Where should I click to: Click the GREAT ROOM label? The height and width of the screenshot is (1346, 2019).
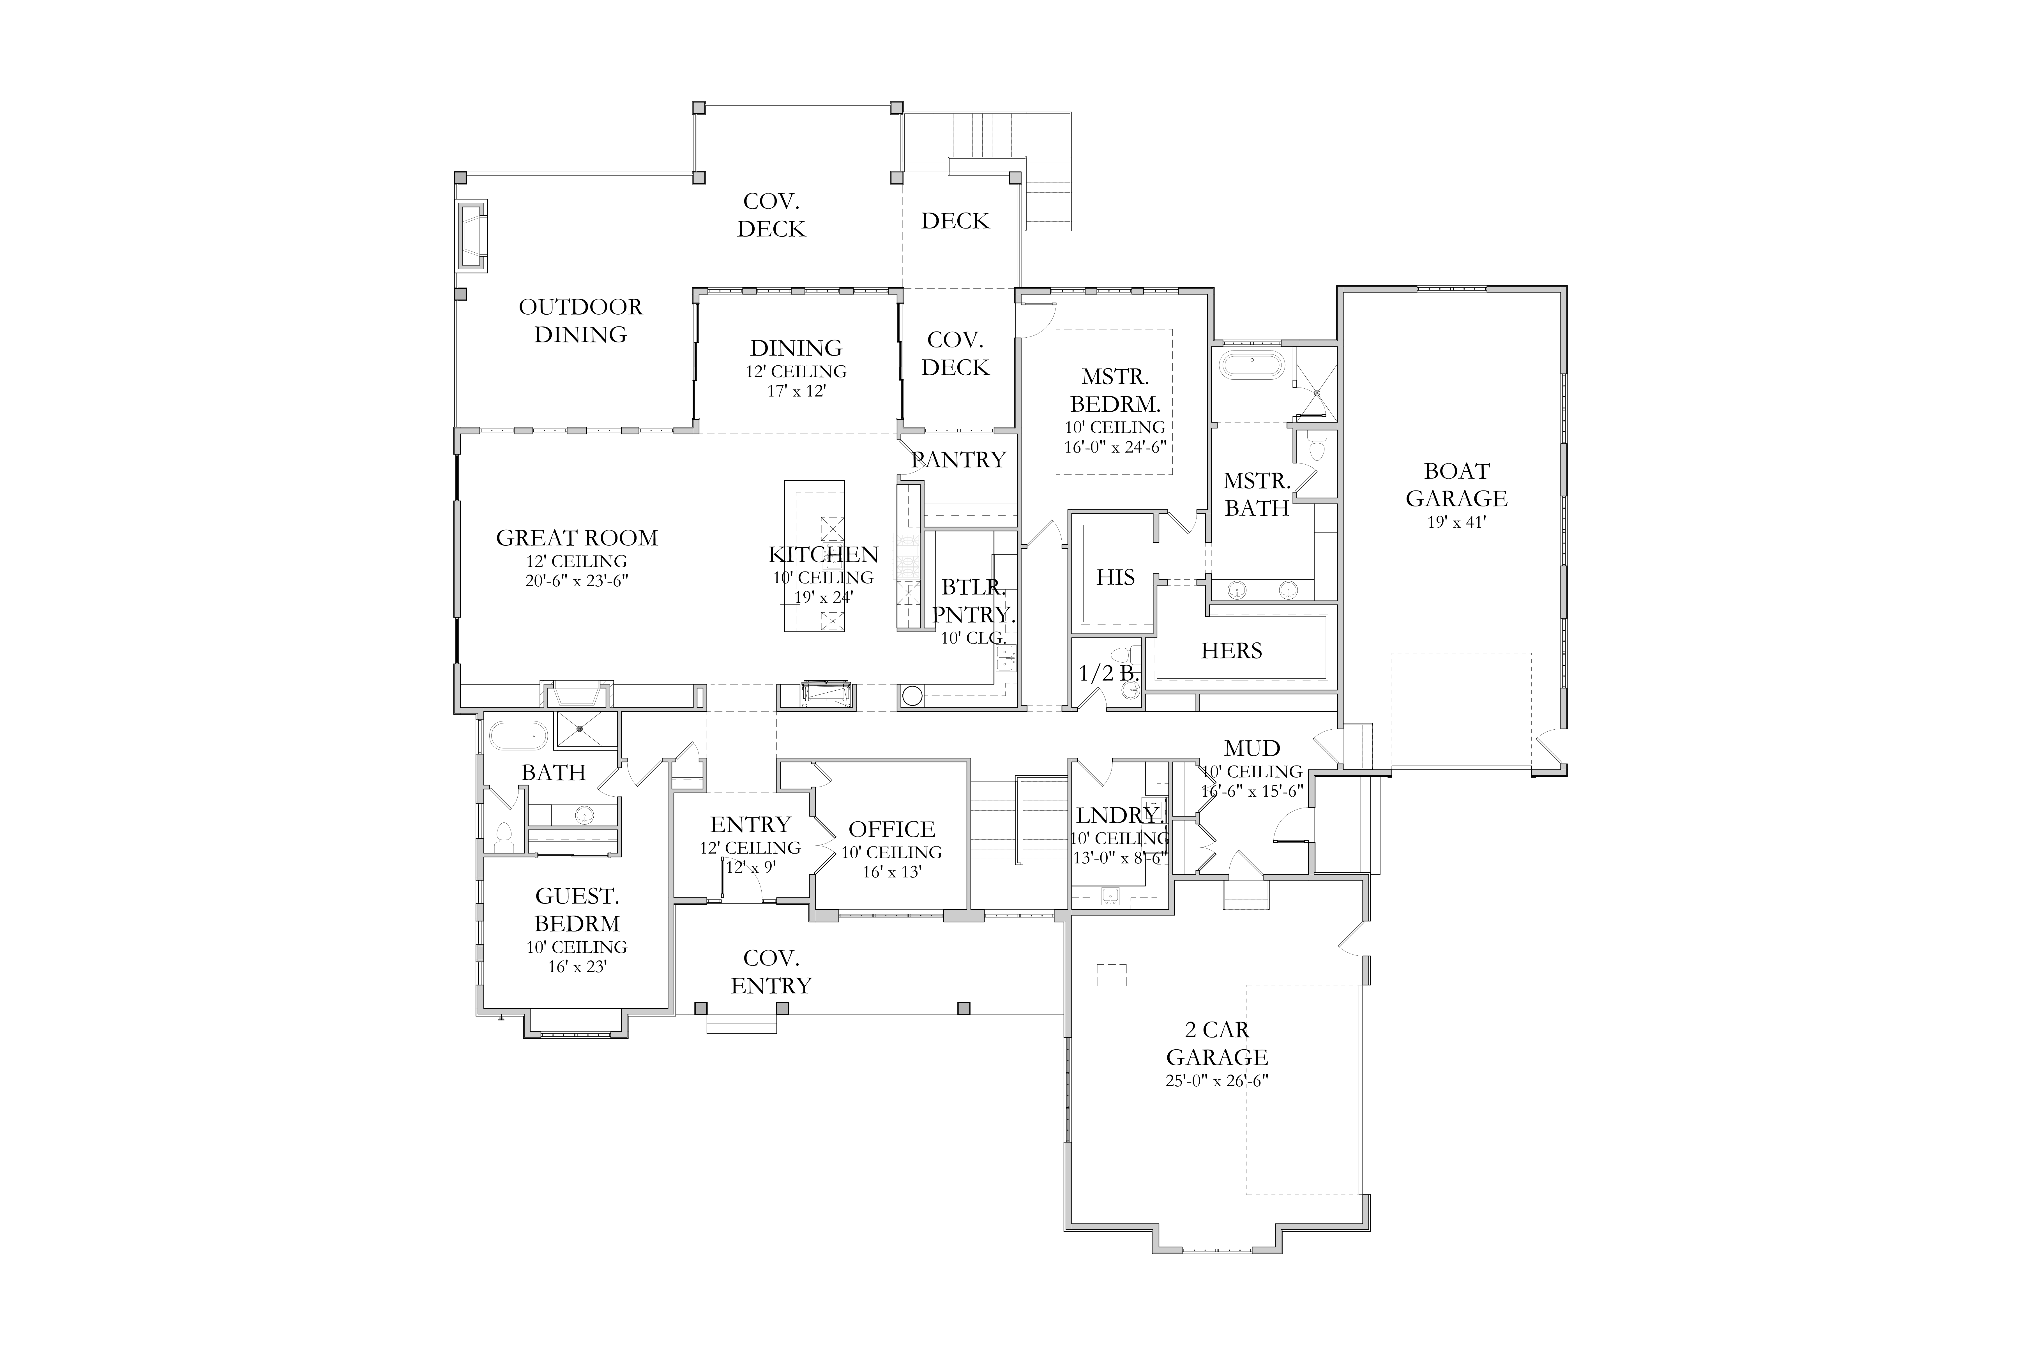[577, 538]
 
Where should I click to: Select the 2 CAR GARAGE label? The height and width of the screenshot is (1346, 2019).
[1217, 1043]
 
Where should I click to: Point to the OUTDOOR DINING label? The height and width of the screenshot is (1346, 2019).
[580, 320]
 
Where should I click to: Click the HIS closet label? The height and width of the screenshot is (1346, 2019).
[1115, 578]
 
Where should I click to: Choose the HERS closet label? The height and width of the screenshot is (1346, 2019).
[1231, 651]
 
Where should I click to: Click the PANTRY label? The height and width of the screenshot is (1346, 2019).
[958, 460]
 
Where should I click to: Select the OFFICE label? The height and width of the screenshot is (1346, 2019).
[892, 829]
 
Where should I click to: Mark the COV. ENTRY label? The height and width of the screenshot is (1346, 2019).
[771, 972]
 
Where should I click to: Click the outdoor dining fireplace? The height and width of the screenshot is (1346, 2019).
[471, 236]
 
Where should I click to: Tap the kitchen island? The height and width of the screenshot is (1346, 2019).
[814, 556]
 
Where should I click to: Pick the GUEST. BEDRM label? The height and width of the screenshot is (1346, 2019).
[577, 910]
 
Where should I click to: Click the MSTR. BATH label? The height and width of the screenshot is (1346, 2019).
[1257, 494]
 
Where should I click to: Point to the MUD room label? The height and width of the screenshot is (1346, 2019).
[1252, 748]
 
